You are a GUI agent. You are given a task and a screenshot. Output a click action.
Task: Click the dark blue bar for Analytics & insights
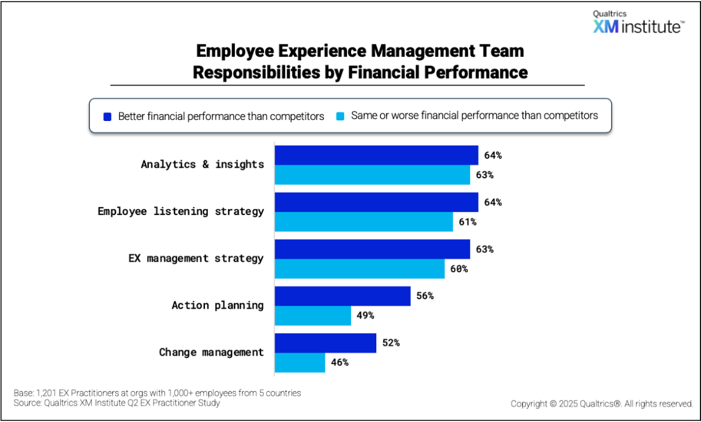point(376,155)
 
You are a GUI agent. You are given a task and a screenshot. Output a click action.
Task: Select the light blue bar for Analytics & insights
point(372,175)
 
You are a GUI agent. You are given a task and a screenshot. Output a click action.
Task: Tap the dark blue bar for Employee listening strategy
point(376,202)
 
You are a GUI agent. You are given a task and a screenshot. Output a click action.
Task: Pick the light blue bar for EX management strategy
point(359,269)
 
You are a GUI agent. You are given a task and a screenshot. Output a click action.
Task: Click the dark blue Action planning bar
point(342,296)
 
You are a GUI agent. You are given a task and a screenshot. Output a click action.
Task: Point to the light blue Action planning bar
point(313,316)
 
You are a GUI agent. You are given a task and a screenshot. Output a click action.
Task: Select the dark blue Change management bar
point(325,343)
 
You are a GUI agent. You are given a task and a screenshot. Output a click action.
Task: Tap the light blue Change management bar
point(300,362)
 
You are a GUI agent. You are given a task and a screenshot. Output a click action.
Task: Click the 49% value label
point(365,316)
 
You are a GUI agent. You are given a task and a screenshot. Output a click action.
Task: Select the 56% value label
point(424,296)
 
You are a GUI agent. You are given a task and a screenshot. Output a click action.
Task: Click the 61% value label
point(467,222)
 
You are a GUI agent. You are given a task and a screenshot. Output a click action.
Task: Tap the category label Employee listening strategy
point(181,212)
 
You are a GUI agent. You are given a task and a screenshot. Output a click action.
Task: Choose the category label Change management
point(211,352)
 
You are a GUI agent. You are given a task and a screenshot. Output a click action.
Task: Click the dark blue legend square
point(107,116)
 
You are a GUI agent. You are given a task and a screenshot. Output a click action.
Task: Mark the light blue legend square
point(340,116)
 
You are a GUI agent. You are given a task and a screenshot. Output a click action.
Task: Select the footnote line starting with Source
point(116,403)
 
